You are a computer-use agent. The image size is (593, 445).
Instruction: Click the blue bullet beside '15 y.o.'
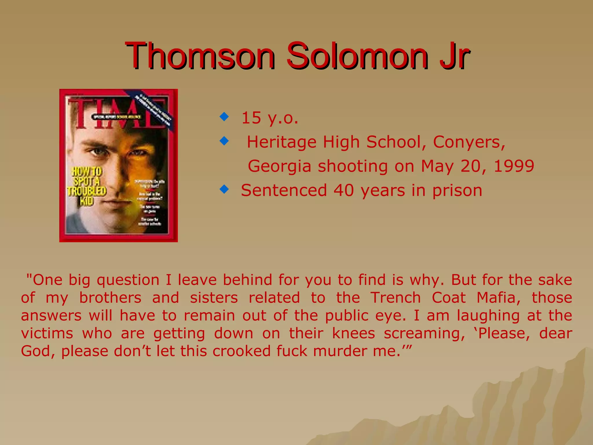[224, 117]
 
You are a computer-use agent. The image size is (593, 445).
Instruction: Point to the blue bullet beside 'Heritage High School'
[224, 141]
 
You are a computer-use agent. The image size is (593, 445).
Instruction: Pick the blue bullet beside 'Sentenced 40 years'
[224, 189]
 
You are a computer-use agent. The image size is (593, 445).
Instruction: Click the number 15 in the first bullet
[251, 118]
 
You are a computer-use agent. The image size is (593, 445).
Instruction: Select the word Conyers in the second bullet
[469, 142]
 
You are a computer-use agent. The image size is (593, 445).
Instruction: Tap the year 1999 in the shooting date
[514, 166]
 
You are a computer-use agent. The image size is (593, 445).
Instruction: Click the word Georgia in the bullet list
[279, 166]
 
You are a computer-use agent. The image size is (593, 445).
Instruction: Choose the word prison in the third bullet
[457, 191]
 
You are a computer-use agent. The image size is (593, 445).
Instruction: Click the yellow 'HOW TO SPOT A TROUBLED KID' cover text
[87, 186]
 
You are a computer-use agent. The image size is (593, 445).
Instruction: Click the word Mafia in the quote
[498, 298]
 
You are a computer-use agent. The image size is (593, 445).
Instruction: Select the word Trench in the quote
[396, 298]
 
